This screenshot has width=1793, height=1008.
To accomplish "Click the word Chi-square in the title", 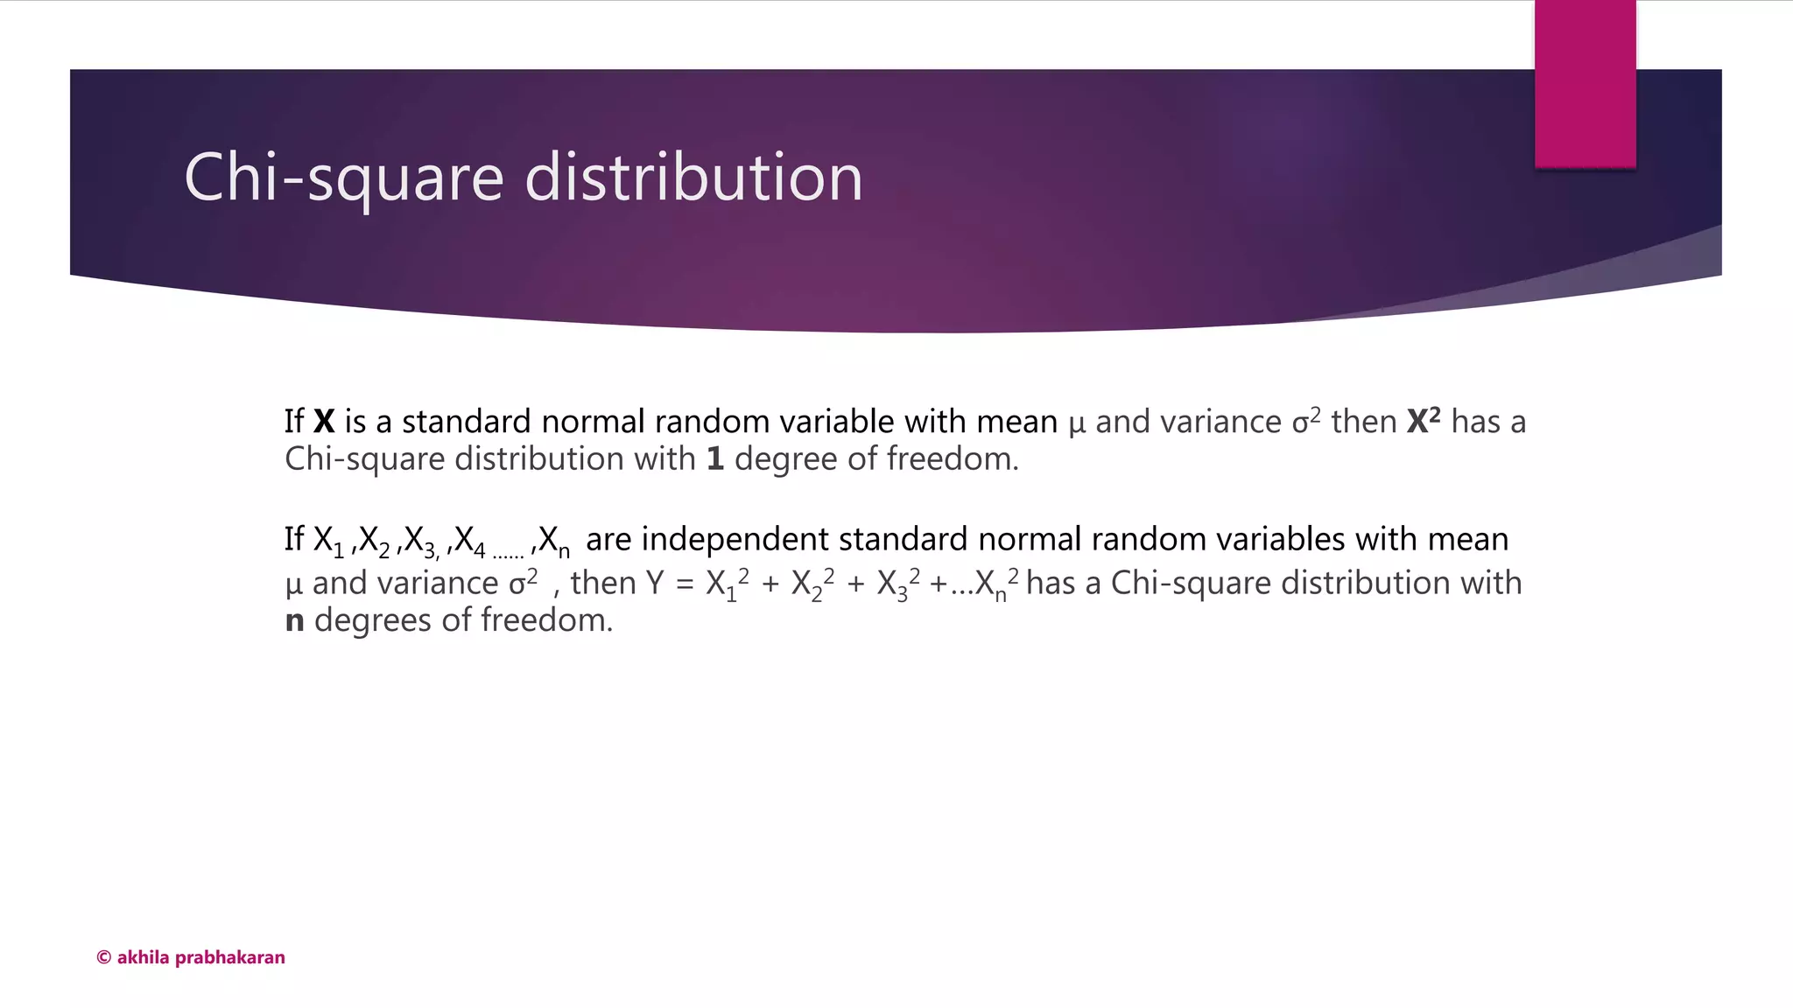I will [344, 178].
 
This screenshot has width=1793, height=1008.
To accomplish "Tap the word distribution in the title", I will [693, 178].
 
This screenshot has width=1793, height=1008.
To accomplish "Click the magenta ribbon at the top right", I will [1585, 83].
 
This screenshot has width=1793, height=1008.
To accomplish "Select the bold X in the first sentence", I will [324, 422].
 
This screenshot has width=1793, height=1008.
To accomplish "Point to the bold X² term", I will [1424, 421].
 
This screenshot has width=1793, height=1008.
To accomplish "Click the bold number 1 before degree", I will [715, 459].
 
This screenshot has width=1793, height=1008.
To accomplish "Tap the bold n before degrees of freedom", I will [295, 621].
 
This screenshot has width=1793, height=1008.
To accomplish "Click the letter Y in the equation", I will [655, 584].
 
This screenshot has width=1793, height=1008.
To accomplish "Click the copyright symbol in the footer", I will [103, 957].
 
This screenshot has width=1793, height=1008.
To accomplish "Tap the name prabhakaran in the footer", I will [230, 957].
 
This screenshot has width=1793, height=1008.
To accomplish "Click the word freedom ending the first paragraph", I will [953, 459].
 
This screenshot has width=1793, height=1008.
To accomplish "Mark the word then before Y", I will [603, 584].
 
